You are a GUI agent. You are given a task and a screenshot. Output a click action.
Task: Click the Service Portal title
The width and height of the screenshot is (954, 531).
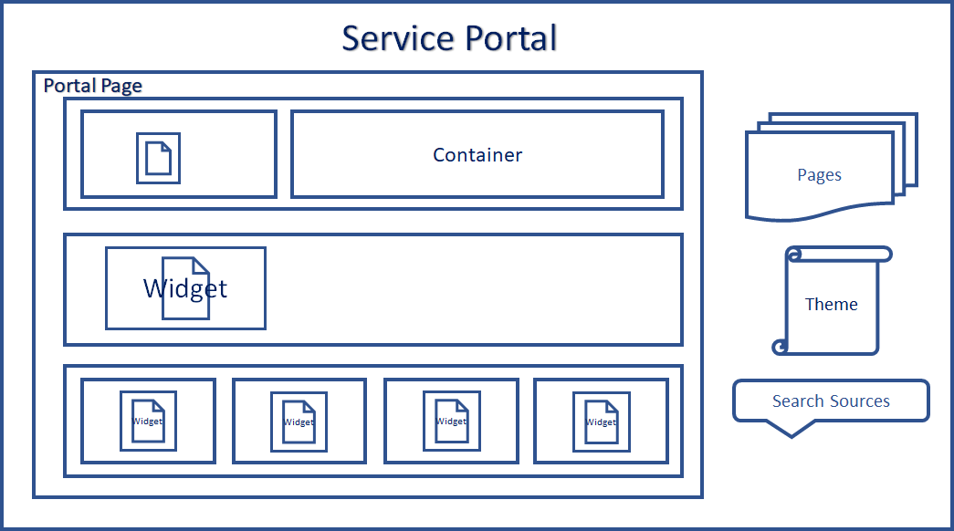click(x=449, y=38)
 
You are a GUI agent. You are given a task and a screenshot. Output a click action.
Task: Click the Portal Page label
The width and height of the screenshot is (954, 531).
click(x=93, y=86)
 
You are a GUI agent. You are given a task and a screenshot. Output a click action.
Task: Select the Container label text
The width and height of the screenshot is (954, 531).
click(x=477, y=155)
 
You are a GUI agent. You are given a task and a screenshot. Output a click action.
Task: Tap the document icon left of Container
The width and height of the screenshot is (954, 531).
click(x=158, y=158)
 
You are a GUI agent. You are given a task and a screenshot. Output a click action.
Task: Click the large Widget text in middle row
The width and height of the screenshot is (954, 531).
click(x=185, y=288)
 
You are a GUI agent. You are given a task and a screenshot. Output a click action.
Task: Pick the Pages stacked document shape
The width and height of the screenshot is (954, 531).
click(x=820, y=174)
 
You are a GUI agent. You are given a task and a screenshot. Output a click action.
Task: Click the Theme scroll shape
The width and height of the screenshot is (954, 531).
click(x=832, y=304)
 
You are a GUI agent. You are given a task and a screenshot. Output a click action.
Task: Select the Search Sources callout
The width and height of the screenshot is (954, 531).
click(x=831, y=401)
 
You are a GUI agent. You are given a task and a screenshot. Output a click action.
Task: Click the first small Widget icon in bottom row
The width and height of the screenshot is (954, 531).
click(x=148, y=421)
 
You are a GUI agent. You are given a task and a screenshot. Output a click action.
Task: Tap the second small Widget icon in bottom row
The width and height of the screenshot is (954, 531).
click(x=299, y=422)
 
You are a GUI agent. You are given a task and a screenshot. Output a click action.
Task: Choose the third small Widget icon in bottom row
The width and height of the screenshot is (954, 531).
click(x=452, y=421)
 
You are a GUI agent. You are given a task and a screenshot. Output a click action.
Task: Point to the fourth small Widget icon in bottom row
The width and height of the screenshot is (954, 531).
click(x=601, y=422)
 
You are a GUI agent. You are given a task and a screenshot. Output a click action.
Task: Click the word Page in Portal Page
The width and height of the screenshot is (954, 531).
click(x=121, y=86)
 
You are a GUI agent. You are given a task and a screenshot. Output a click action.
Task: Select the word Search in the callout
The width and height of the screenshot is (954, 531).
click(x=797, y=401)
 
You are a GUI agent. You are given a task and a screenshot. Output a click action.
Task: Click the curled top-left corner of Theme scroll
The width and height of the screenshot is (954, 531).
click(x=792, y=254)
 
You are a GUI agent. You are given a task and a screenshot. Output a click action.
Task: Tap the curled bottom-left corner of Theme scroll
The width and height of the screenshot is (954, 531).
click(x=780, y=347)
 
